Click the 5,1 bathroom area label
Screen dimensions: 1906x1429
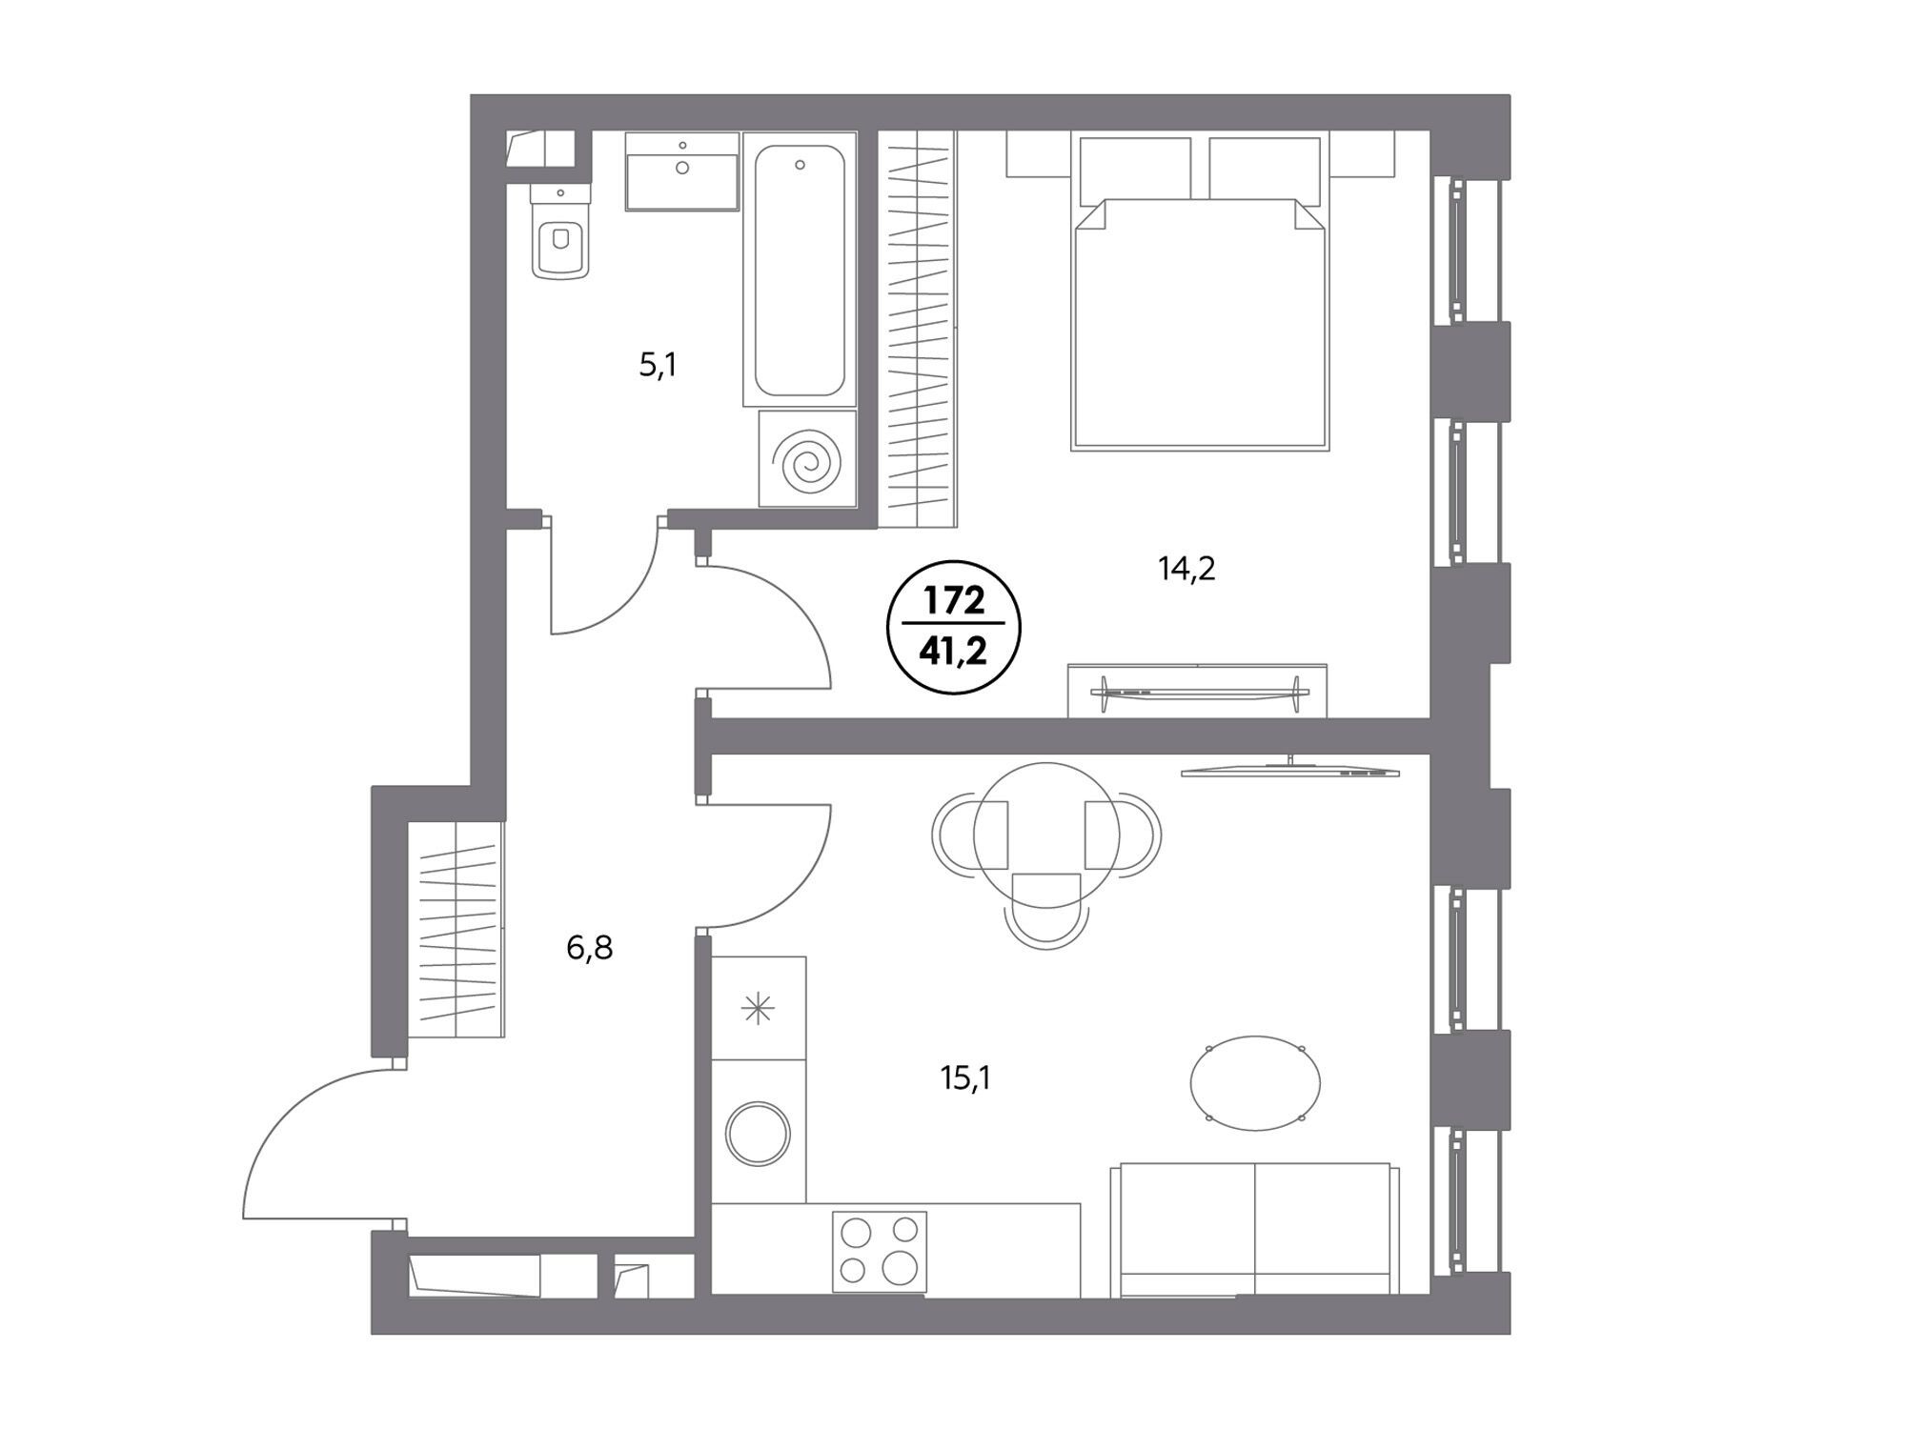click(x=658, y=365)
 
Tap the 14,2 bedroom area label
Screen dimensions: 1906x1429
click(x=1186, y=569)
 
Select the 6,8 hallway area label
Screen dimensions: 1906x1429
click(x=590, y=948)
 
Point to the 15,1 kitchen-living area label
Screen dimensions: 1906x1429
click(x=966, y=1078)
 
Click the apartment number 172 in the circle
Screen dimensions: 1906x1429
click(x=954, y=602)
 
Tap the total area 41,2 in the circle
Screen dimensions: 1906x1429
click(x=954, y=652)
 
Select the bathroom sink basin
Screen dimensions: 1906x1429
click(x=682, y=171)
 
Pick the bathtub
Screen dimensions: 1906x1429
click(x=800, y=270)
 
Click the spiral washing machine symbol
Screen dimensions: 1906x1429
click(x=807, y=459)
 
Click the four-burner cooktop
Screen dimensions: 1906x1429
click(x=880, y=1251)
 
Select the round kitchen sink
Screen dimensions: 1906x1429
click(x=759, y=1134)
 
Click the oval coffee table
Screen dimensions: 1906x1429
click(x=1256, y=1083)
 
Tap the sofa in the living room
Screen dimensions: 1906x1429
click(x=1255, y=1229)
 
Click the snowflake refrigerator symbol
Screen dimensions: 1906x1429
click(x=759, y=1008)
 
